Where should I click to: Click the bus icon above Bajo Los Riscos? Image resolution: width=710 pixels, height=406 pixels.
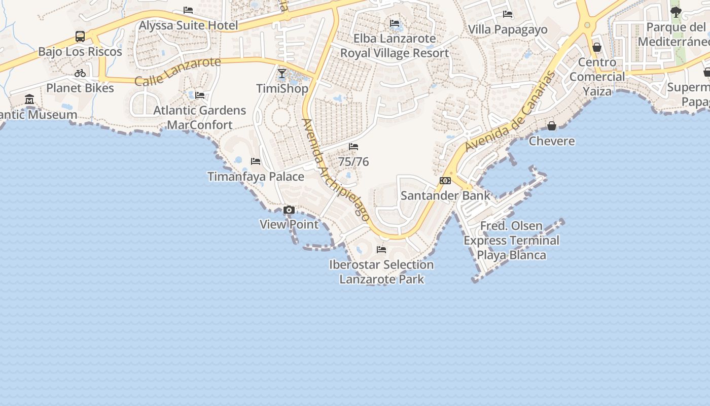pos(80,37)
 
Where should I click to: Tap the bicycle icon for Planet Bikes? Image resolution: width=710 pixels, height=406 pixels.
pos(80,73)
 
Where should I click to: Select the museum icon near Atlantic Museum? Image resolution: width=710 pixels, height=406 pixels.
pos(29,99)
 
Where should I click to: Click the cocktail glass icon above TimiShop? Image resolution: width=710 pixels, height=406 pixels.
pos(282,74)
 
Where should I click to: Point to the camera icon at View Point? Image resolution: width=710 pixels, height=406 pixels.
pos(289,210)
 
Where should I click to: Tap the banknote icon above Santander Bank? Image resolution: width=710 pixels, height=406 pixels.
pos(445,181)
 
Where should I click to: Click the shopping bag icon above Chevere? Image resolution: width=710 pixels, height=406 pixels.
pos(552,126)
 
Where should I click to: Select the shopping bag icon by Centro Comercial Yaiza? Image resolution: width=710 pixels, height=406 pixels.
pos(597,47)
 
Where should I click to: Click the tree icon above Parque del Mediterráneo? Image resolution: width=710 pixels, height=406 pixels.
pos(676,12)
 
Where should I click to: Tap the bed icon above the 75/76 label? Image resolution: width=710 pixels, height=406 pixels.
pos(353,147)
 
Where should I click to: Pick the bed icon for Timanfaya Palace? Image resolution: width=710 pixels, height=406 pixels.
pos(256,161)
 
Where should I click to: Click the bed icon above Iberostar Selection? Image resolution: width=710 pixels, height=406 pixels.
pos(381,249)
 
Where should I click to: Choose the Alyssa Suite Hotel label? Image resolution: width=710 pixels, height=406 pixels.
pos(188,25)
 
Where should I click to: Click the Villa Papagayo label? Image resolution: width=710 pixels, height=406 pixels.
pos(508,29)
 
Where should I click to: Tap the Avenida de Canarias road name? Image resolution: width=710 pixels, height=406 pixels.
pos(510,112)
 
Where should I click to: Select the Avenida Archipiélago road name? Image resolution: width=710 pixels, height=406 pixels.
pos(335,169)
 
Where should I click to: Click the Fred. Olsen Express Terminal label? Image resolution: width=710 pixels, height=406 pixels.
pos(511,240)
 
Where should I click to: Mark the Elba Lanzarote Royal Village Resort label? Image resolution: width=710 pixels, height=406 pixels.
pos(395,46)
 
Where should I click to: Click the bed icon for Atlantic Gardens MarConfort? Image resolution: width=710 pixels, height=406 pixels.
pos(200,95)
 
